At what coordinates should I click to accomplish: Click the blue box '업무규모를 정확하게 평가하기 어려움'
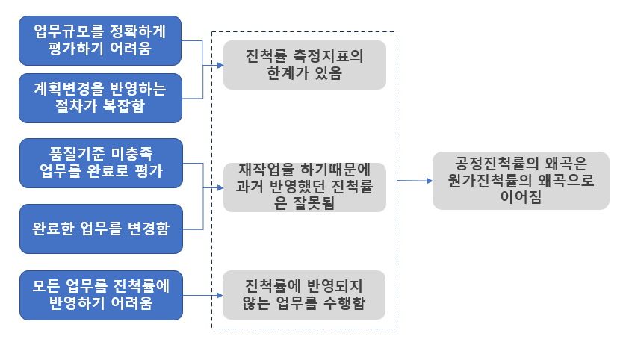(x=101, y=40)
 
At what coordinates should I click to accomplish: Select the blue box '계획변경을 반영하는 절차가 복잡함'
(x=101, y=97)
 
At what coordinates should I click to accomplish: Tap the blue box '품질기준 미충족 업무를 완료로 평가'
(x=101, y=162)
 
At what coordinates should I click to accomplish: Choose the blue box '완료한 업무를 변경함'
(x=101, y=229)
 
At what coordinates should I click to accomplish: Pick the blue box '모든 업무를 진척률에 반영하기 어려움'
(x=101, y=295)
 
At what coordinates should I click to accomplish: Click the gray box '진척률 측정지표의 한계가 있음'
(x=304, y=65)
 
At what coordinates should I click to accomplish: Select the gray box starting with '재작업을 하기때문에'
(x=304, y=187)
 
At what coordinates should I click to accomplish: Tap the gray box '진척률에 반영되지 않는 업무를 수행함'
(x=304, y=295)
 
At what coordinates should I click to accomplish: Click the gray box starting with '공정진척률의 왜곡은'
(x=521, y=181)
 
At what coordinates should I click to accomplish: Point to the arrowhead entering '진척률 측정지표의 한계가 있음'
(x=220, y=66)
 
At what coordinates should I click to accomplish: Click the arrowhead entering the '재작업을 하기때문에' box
(x=220, y=187)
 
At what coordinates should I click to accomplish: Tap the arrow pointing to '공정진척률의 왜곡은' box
(x=415, y=181)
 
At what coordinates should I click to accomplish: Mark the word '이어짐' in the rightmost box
(x=521, y=197)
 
